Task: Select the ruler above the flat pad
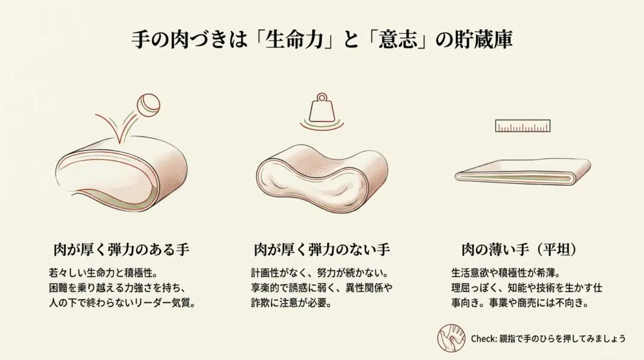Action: click(x=523, y=126)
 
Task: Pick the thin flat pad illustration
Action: click(x=522, y=172)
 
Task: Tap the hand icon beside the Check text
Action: click(x=451, y=338)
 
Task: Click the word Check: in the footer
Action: click(x=484, y=339)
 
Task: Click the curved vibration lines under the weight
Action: click(x=321, y=126)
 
